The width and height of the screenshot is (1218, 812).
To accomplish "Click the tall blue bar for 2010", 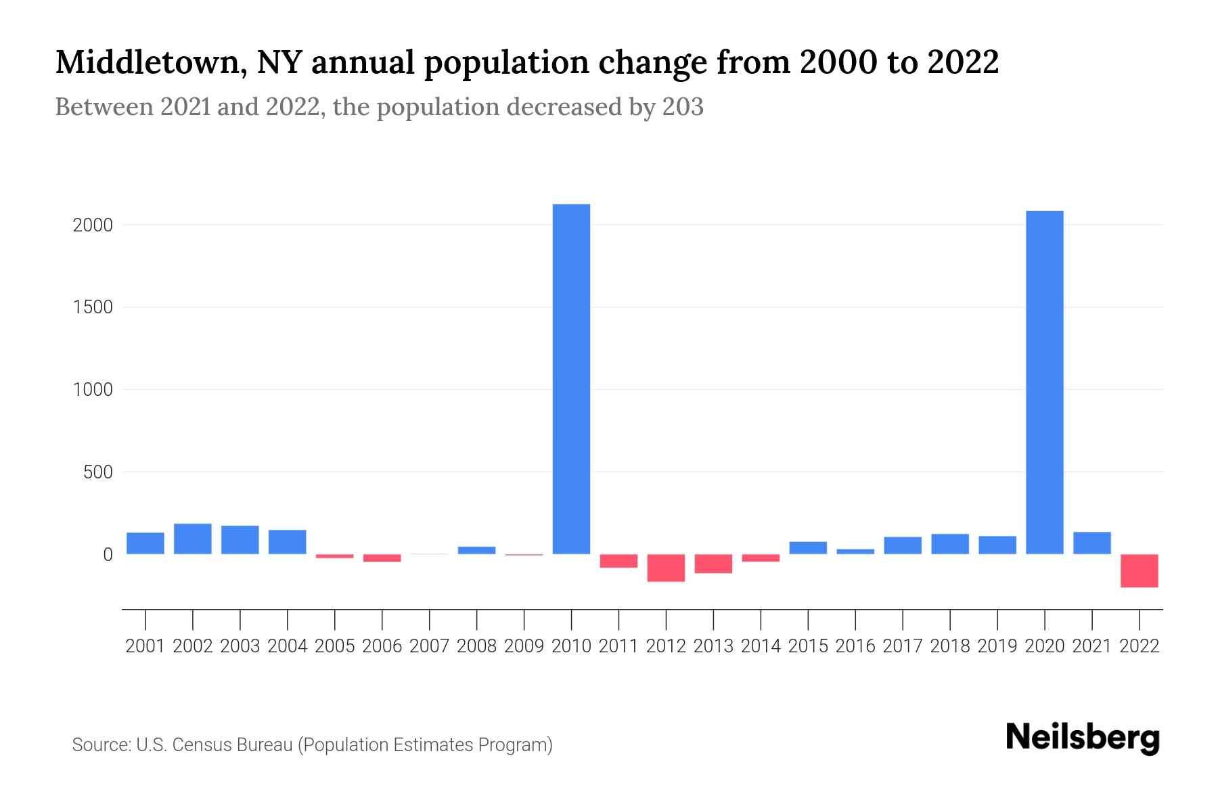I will [571, 379].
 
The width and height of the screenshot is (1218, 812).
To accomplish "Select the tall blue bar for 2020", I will [1044, 382].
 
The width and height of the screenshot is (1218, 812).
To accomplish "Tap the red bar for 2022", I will [1139, 570].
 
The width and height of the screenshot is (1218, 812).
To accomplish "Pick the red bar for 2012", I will [666, 568].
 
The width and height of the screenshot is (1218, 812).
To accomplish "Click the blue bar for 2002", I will [193, 539].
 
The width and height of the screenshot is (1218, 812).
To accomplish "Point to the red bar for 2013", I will [713, 564].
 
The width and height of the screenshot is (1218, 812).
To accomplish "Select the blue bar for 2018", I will [949, 544].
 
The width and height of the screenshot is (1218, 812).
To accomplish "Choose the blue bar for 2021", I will [1091, 543].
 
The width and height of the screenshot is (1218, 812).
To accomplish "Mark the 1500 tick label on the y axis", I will [92, 307].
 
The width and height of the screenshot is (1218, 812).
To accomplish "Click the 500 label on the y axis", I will [97, 472].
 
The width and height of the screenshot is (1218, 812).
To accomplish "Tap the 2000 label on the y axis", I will [92, 225].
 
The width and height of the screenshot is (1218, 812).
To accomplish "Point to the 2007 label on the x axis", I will [429, 646].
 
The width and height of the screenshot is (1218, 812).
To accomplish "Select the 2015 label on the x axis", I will [808, 646].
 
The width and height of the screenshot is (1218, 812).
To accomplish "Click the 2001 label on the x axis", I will [145, 646].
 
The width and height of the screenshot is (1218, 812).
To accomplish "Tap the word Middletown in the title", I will [145, 62].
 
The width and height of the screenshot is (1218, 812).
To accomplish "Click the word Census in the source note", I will [199, 745].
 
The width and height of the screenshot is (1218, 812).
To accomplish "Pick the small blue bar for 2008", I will [476, 550].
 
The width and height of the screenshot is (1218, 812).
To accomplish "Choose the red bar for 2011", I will [618, 561].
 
